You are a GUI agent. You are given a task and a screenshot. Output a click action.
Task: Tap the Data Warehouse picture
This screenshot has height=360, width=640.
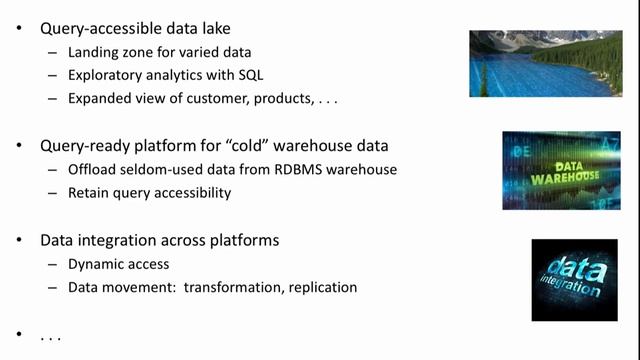[x=546, y=171]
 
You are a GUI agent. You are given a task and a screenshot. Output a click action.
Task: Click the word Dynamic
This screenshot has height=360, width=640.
[x=96, y=264]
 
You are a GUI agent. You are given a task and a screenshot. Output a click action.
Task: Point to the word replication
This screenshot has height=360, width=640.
[x=319, y=287]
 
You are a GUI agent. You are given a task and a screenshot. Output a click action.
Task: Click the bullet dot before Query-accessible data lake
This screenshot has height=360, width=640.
[x=19, y=27]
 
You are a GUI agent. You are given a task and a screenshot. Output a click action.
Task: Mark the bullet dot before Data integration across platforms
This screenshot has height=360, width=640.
[x=19, y=241]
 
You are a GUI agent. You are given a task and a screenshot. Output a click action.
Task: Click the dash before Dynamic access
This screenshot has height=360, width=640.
[x=53, y=264]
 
